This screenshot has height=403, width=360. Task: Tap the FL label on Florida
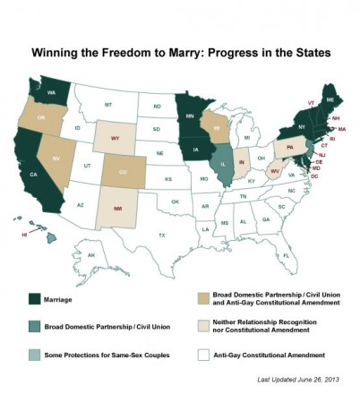[286, 255]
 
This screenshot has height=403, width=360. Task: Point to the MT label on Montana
[108, 105]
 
